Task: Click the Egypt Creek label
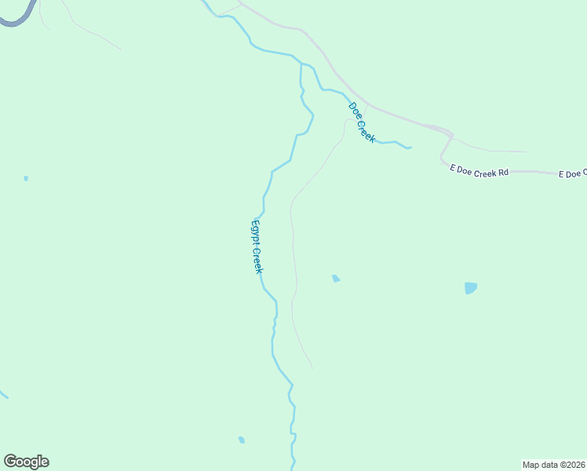257,246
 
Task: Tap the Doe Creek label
362,122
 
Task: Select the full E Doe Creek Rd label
479,170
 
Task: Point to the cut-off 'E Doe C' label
572,173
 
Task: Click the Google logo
26,462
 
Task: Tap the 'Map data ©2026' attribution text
554,465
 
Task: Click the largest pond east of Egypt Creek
470,288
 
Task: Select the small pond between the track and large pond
336,278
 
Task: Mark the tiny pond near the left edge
26,178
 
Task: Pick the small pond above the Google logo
242,440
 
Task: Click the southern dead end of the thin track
312,367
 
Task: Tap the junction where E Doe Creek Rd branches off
450,135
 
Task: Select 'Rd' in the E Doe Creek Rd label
503,170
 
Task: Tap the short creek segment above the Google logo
3,392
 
